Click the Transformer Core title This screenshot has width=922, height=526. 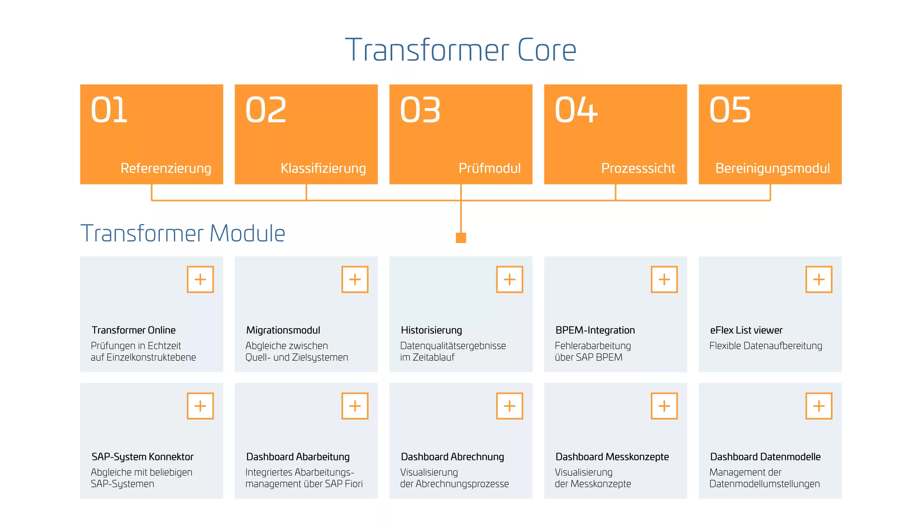(x=461, y=50)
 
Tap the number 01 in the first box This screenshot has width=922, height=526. (x=109, y=110)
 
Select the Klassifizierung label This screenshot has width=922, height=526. (x=323, y=168)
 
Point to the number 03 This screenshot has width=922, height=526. (x=420, y=110)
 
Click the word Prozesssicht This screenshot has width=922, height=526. (x=638, y=168)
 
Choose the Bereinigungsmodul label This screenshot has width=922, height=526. (x=773, y=168)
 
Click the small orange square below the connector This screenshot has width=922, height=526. (x=461, y=238)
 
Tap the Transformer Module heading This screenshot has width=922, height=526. (x=183, y=233)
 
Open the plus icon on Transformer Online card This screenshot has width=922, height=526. (x=200, y=279)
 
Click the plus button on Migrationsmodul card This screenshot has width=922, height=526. (x=355, y=279)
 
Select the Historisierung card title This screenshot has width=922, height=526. (x=431, y=330)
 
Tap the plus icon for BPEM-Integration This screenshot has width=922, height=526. (x=664, y=279)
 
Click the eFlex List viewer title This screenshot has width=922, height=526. (x=746, y=330)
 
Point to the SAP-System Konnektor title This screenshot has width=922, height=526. (x=143, y=457)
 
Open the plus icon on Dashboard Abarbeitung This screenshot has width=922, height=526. (x=355, y=406)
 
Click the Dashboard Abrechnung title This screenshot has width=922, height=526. (x=452, y=457)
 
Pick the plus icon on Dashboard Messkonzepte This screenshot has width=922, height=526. (x=664, y=406)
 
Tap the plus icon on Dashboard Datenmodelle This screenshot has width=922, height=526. (x=819, y=406)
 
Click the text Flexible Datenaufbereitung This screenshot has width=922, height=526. (x=766, y=346)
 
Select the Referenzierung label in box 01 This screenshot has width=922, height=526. (x=166, y=168)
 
